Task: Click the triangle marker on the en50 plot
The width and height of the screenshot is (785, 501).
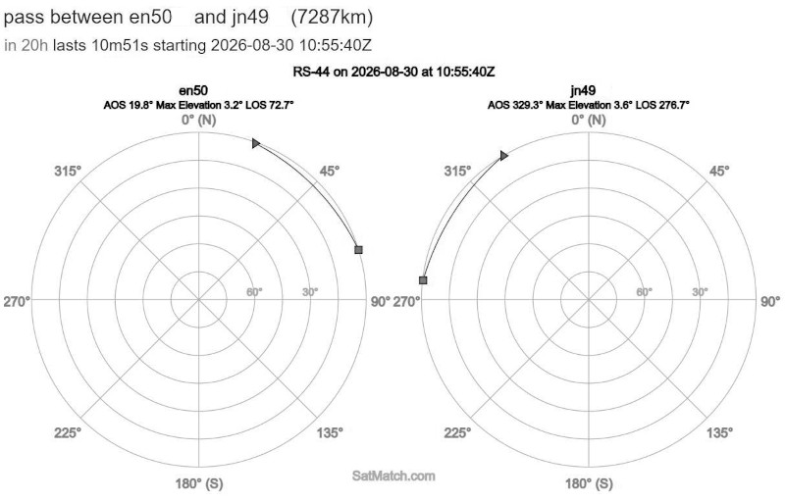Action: [256, 143]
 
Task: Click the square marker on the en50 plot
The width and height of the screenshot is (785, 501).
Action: [358, 249]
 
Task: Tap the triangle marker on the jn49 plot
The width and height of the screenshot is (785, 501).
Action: [503, 156]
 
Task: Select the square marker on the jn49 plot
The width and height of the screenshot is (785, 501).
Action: [423, 280]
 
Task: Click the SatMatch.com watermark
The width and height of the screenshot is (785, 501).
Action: [393, 476]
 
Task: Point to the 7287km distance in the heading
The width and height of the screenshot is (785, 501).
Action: [332, 17]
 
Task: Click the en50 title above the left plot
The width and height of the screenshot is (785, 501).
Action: [193, 90]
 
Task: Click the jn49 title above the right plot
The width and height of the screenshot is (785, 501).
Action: [583, 90]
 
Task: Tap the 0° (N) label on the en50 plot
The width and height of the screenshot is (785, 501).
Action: [199, 120]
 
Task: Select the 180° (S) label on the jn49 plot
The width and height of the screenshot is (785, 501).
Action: [589, 483]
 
